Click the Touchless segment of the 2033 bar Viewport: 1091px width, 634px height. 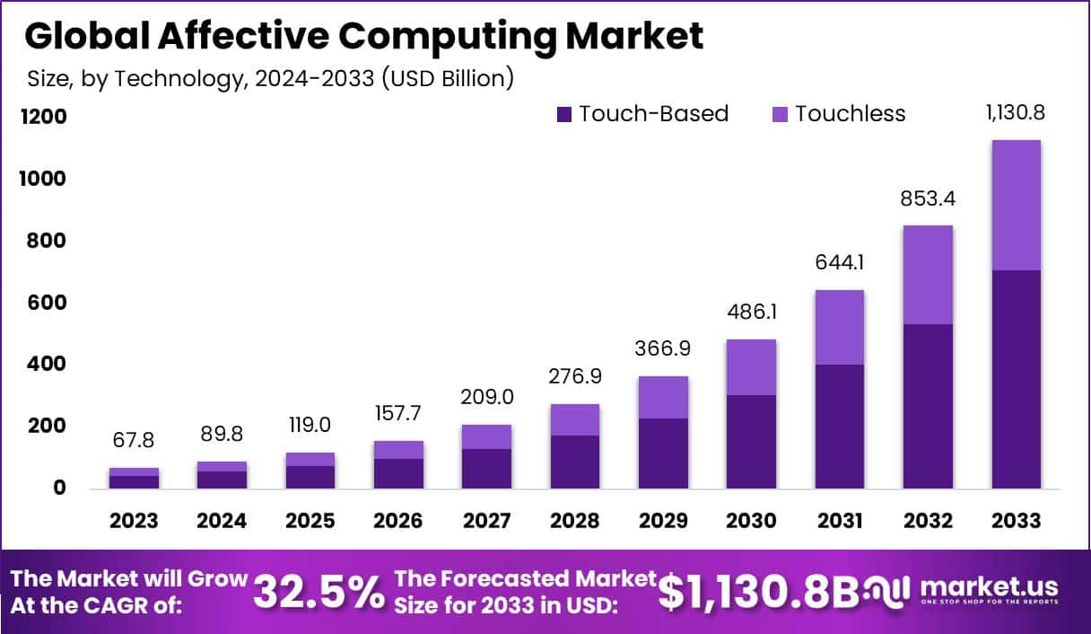(1017, 205)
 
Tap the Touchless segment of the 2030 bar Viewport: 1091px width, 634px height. (752, 367)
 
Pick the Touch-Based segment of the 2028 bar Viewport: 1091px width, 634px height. (575, 462)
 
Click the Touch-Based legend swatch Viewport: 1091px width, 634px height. (564, 114)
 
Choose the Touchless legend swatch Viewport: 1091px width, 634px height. (780, 114)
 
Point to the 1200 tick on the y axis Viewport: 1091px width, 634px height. (46, 117)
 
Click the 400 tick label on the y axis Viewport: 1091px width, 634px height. (46, 365)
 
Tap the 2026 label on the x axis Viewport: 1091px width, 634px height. (398, 521)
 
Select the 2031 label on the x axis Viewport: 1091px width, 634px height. (840, 521)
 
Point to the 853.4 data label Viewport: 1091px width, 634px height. (928, 199)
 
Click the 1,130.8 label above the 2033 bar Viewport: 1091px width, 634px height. (1016, 114)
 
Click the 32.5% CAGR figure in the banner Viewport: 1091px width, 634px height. (318, 592)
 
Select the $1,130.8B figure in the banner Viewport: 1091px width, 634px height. (758, 592)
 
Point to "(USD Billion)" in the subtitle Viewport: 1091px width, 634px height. (448, 78)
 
